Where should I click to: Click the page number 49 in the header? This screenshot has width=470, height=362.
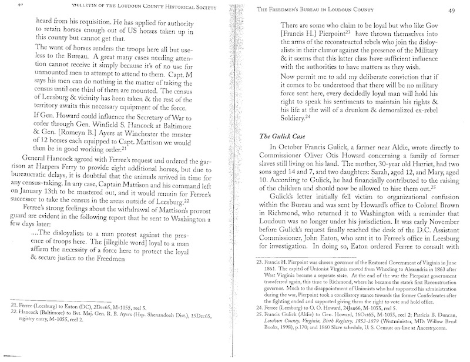click(x=444, y=9)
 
